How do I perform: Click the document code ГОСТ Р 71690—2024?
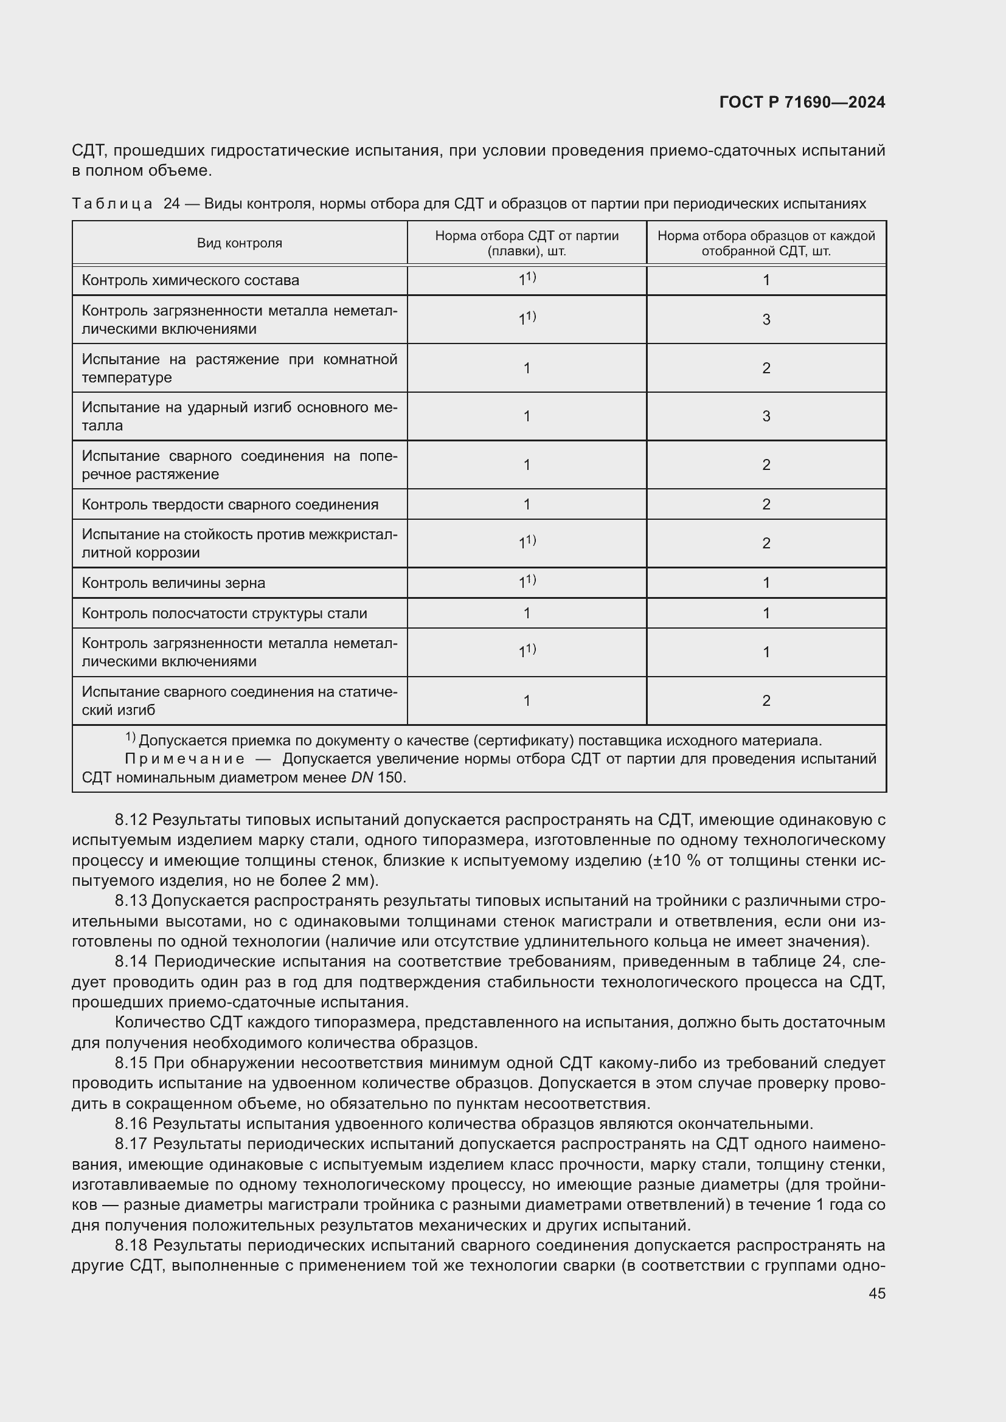coord(802,102)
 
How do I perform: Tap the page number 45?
coord(876,1293)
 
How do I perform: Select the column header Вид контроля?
coord(239,243)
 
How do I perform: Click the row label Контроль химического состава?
coord(190,280)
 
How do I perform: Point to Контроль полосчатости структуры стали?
coord(224,613)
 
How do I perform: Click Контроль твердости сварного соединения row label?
coord(230,504)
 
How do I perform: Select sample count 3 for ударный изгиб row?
coord(766,416)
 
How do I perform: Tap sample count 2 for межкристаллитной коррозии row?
coord(766,543)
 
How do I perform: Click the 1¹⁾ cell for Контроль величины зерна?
coord(527,582)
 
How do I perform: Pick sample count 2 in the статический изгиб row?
coord(766,700)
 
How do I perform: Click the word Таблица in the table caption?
coord(111,204)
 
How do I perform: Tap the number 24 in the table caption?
coord(172,204)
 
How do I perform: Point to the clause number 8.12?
coord(131,820)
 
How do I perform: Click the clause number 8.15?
coord(131,1063)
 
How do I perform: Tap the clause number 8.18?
coord(131,1245)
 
